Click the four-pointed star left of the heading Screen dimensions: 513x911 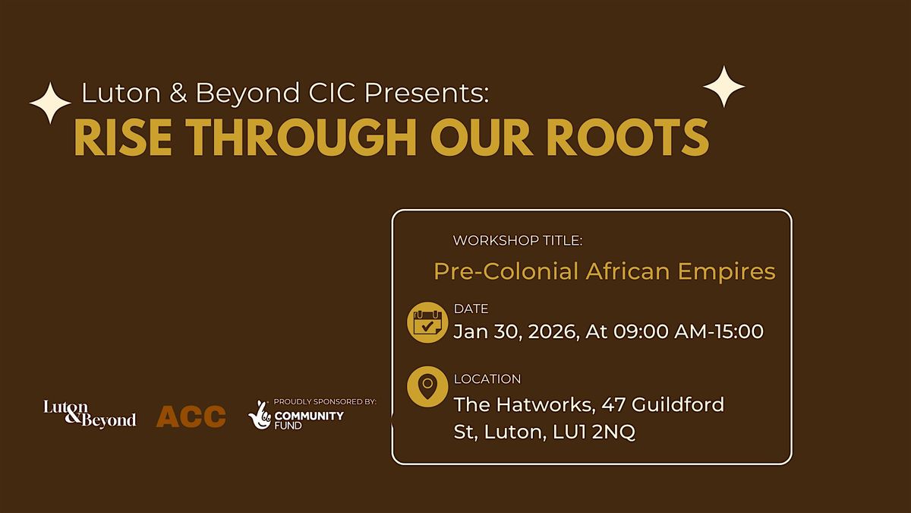[50, 103]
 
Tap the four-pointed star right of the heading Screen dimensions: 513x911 [723, 87]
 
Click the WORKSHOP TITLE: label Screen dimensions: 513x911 [518, 240]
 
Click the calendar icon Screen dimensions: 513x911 [427, 323]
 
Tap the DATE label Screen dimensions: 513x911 [471, 309]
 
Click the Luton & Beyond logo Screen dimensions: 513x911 [90, 414]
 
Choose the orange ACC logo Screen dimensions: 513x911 [191, 416]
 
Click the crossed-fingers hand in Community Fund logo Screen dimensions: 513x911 [259, 414]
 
